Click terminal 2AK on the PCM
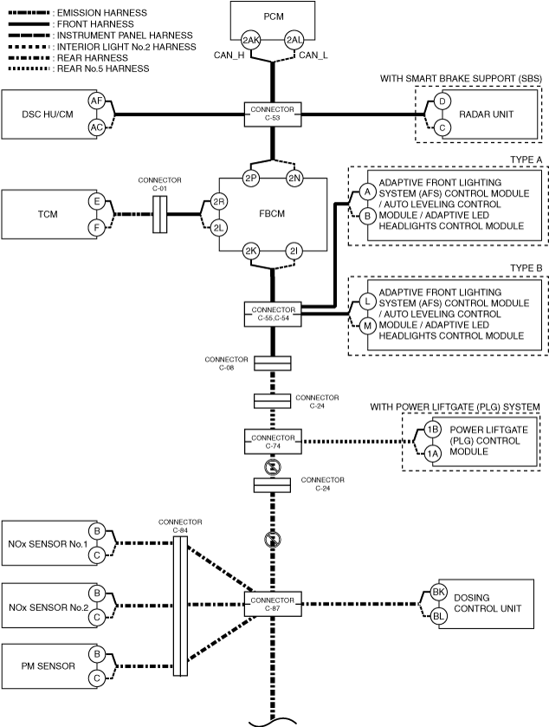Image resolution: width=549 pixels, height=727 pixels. click(x=250, y=40)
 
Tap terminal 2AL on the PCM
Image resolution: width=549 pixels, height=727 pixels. click(x=294, y=40)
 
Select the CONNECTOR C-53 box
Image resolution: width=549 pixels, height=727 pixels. click(x=273, y=114)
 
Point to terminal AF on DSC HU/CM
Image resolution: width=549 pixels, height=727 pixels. click(x=96, y=101)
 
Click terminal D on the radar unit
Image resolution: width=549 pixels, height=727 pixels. click(x=442, y=101)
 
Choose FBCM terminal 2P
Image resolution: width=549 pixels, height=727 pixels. click(x=250, y=178)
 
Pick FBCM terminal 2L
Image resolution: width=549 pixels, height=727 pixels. click(x=218, y=228)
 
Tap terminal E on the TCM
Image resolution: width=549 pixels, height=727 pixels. click(x=97, y=201)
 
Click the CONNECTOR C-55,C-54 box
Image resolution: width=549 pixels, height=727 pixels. click(x=273, y=314)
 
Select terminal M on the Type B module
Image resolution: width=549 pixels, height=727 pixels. click(x=367, y=326)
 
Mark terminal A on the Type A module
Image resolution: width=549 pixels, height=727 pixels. click(x=367, y=191)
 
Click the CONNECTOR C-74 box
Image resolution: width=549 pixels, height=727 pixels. click(x=273, y=442)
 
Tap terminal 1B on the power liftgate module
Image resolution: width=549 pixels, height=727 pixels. click(x=433, y=430)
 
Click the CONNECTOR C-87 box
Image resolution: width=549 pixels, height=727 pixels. click(x=273, y=604)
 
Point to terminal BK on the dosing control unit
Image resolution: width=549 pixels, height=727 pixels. click(x=438, y=592)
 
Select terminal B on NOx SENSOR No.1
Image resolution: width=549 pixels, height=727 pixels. click(x=97, y=531)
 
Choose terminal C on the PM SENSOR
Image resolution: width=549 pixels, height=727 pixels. click(x=97, y=678)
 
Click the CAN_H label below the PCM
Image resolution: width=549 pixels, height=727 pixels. click(x=229, y=55)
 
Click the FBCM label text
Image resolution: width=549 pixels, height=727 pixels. click(x=272, y=214)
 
